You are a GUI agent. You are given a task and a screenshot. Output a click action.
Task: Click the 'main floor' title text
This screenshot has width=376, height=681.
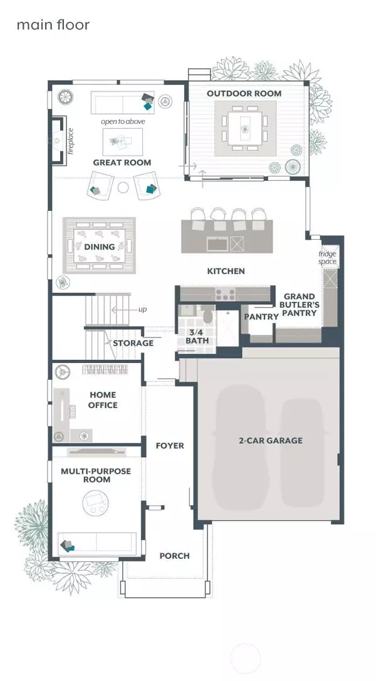tap(53, 25)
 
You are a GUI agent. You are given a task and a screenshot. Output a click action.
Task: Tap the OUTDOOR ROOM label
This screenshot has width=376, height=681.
tap(244, 93)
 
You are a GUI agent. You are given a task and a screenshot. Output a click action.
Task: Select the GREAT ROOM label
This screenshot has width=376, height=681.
tap(122, 163)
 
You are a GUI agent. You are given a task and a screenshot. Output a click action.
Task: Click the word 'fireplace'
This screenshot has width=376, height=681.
tap(71, 141)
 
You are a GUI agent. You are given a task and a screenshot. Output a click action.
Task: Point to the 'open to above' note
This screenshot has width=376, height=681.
tap(123, 121)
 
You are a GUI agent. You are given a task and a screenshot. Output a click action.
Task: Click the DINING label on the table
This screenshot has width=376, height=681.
tap(100, 247)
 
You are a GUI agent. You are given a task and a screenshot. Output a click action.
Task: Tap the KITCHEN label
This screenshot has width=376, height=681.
tap(226, 271)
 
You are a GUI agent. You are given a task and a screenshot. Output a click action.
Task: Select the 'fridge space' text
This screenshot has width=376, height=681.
tap(327, 257)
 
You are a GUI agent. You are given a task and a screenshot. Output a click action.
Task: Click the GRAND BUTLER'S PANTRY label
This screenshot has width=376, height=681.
tap(300, 304)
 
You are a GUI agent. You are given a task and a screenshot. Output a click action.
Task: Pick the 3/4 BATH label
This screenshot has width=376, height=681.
tap(197, 337)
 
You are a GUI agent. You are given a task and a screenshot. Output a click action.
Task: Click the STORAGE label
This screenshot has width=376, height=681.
tap(133, 343)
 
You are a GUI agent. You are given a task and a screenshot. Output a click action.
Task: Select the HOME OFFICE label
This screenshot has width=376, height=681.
tap(103, 399)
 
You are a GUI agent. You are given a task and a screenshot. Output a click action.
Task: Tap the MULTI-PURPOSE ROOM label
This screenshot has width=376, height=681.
tap(96, 475)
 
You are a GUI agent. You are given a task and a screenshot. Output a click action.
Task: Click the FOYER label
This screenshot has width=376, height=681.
tap(170, 446)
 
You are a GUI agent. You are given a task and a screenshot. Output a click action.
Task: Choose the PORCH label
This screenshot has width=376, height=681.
tap(175, 555)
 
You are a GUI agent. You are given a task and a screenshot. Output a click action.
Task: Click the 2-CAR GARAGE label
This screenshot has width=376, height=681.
tap(270, 441)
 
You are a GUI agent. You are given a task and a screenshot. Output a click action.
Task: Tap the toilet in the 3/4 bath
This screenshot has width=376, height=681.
tap(208, 314)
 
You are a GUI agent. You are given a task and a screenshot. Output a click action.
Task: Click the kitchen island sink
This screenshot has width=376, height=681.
tap(216, 243)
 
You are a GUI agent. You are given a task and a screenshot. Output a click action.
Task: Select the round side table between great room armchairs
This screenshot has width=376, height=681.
tap(123, 188)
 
